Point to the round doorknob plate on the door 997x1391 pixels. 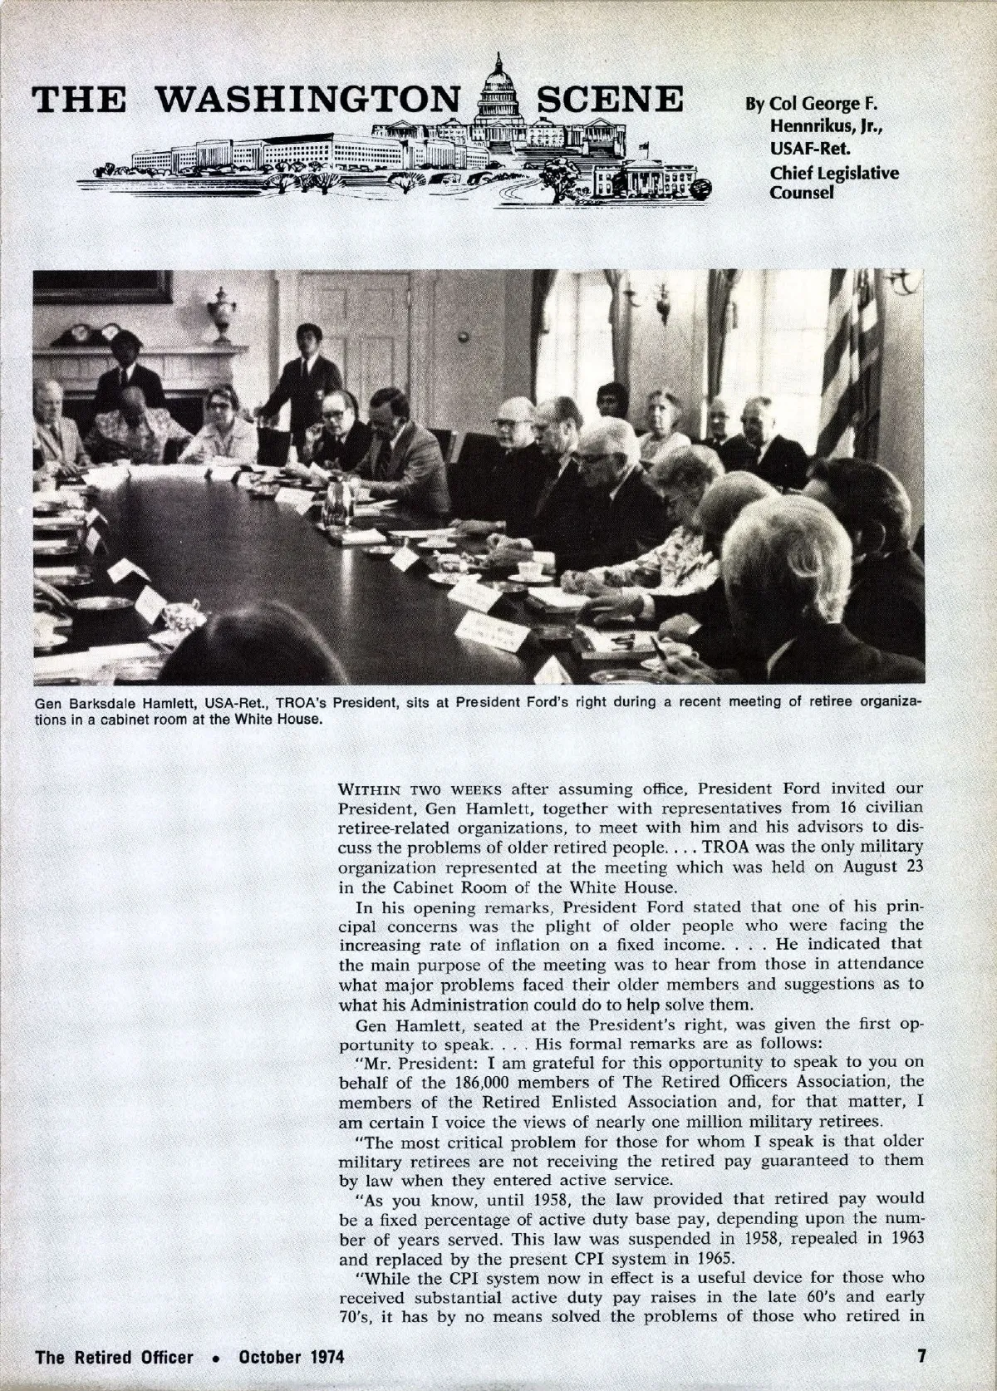(x=463, y=337)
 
